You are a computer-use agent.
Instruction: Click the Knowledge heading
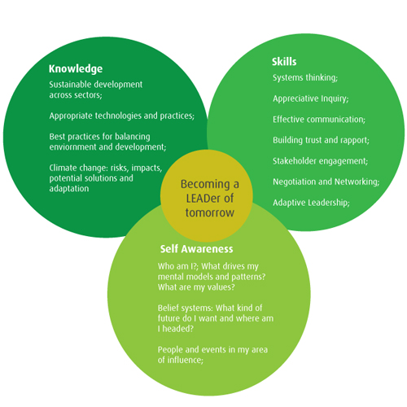pos(76,69)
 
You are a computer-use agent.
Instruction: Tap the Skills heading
pos(284,62)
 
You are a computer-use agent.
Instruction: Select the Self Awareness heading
pos(196,249)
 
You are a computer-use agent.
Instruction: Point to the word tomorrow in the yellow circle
pos(210,212)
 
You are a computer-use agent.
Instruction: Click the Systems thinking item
pos(305,78)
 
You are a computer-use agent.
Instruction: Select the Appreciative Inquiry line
pos(311,98)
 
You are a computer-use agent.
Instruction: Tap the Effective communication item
pos(319,120)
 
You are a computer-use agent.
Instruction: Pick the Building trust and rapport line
pos(321,140)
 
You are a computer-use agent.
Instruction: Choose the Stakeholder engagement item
pos(321,161)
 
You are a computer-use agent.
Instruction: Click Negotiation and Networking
pos(326,182)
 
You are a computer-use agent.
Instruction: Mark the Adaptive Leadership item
pos(311,203)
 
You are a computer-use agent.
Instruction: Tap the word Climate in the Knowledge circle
pos(63,168)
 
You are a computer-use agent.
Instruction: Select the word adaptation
pos(69,189)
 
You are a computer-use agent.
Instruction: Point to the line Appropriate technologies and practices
pos(122,116)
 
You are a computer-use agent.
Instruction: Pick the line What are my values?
pos(196,287)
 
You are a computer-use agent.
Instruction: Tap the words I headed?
pos(176,329)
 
